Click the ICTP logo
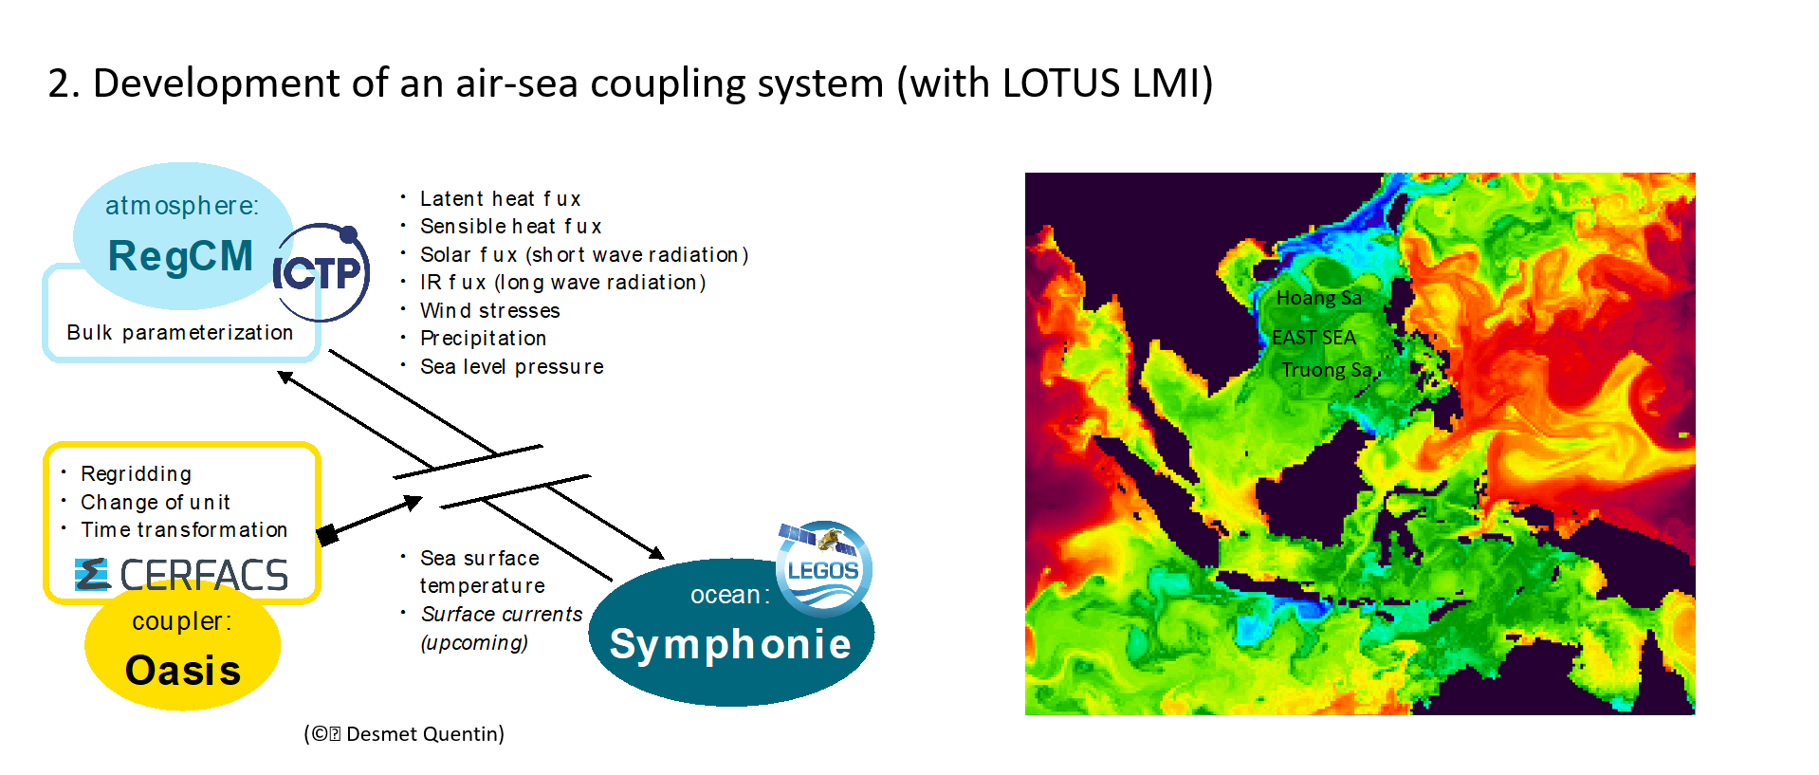pos(321,272)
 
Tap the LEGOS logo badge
pos(823,567)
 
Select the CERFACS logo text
pos(181,575)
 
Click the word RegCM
pos(180,256)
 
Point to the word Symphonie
pos(730,645)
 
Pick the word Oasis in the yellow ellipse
pos(183,671)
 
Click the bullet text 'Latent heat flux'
pos(500,199)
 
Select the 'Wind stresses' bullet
pos(489,311)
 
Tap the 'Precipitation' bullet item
pos(483,339)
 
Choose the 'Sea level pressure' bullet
pos(511,367)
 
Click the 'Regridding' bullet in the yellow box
pos(136,474)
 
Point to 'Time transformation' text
pos(184,530)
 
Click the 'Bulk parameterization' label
pos(179,333)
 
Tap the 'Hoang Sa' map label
pos(1318,298)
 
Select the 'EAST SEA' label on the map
pos(1314,338)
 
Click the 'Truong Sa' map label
pos(1326,370)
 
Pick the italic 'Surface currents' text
pos(502,615)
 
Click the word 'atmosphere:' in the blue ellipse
pos(181,206)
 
